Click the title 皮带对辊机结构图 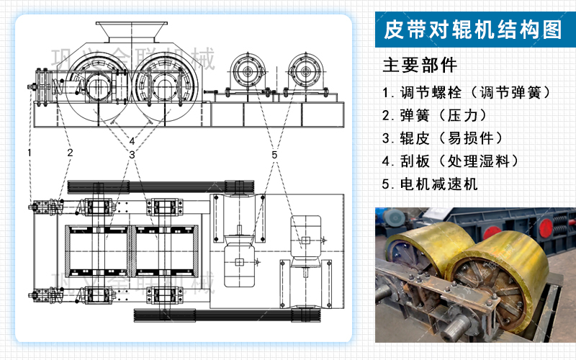pyautogui.click(x=473, y=30)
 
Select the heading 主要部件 pyautogui.click(x=420, y=66)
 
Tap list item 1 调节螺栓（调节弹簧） pyautogui.click(x=467, y=93)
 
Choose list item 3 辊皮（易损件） pyautogui.click(x=447, y=138)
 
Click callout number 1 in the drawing pyautogui.click(x=30, y=152)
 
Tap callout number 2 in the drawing pyautogui.click(x=70, y=152)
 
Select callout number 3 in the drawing pyautogui.click(x=132, y=154)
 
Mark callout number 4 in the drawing pyautogui.click(x=132, y=140)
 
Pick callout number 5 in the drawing pyautogui.click(x=274, y=154)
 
